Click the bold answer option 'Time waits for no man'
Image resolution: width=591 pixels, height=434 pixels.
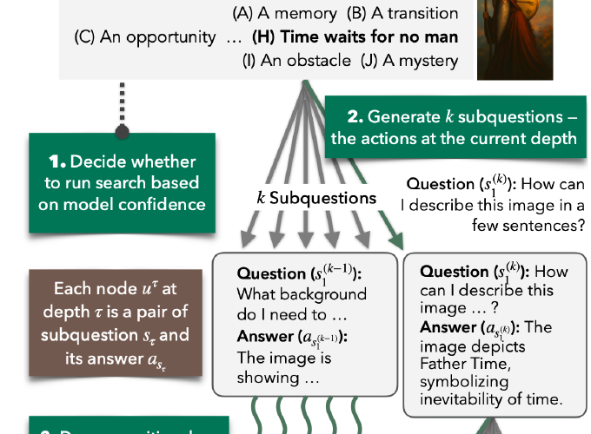[355, 38]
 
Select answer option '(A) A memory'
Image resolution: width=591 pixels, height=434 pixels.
[286, 14]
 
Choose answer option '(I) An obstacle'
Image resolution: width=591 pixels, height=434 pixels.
[300, 61]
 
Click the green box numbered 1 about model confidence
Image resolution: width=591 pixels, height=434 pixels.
[123, 182]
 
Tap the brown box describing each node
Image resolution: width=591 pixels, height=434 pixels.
[123, 322]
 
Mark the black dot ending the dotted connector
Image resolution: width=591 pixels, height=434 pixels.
[123, 131]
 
